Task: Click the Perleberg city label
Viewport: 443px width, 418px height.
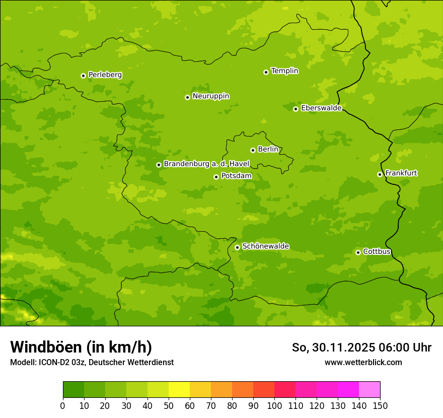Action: [105, 75]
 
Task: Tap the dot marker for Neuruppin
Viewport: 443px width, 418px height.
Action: [187, 97]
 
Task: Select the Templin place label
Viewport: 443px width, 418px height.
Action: [284, 71]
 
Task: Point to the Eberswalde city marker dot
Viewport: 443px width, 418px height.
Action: [296, 109]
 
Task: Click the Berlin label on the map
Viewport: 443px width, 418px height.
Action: [268, 149]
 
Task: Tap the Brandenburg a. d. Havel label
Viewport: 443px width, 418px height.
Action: [206, 164]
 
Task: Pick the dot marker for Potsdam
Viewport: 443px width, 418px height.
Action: [216, 177]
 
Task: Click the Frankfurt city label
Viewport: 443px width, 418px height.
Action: [401, 173]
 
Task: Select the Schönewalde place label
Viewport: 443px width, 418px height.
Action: [265, 246]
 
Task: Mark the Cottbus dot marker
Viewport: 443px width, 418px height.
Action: [358, 252]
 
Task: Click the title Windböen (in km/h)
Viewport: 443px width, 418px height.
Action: [81, 347]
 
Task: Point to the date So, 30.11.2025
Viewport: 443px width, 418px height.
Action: [333, 347]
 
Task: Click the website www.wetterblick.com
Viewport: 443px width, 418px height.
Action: [363, 362]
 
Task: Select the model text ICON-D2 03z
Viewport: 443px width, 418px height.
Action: [61, 362]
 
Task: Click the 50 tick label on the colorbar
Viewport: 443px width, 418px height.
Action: [169, 405]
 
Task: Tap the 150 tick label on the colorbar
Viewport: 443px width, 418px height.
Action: [380, 405]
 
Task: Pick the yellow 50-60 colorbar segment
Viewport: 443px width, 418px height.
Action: [179, 390]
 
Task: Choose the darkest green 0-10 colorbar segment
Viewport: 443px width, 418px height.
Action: [73, 390]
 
